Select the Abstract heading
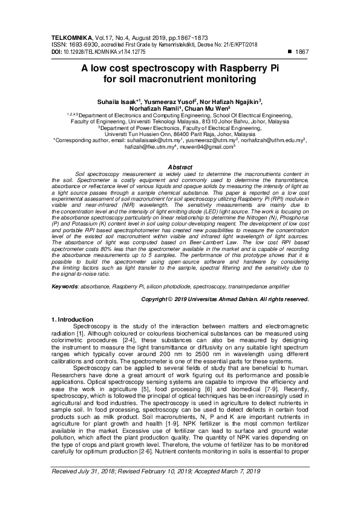pyautogui.click(x=179, y=167)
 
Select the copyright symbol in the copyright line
pyautogui.click(x=169, y=299)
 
